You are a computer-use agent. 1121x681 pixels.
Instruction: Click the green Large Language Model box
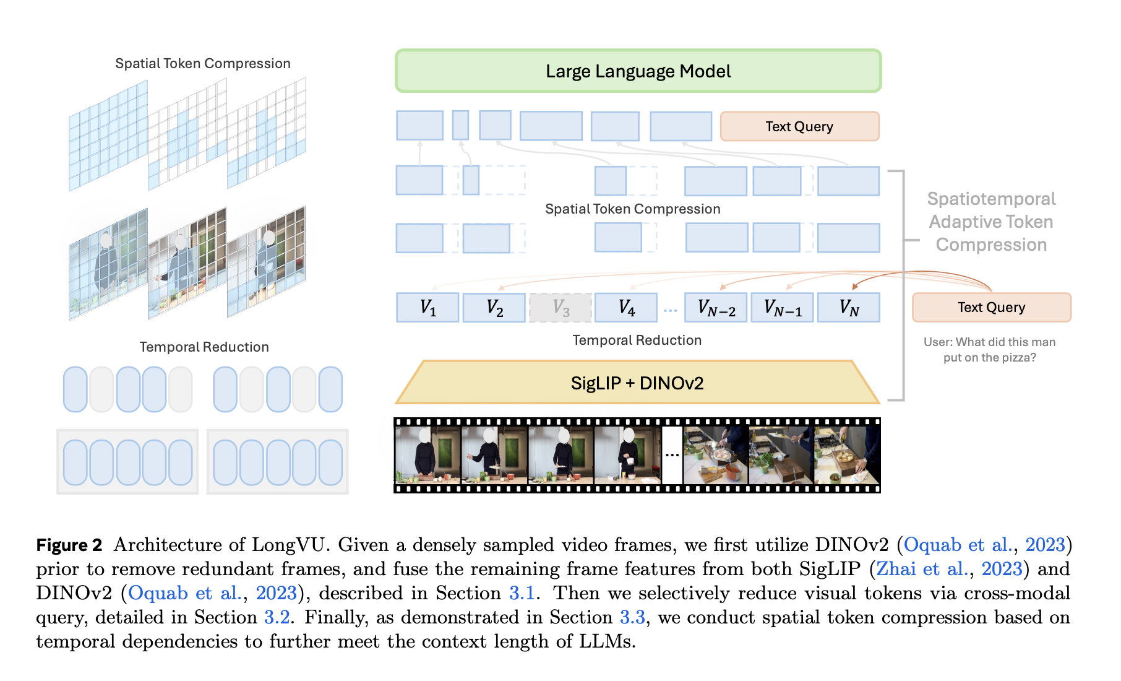point(638,71)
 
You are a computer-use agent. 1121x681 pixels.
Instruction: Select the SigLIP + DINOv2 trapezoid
point(637,383)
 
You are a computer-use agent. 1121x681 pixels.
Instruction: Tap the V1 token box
point(427,308)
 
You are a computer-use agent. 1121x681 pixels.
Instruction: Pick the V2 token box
point(494,308)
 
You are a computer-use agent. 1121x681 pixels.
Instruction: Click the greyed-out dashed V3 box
point(560,308)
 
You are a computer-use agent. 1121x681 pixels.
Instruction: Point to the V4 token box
point(626,308)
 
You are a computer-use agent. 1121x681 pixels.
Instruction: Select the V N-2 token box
point(716,308)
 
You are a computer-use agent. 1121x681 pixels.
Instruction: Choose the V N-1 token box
point(783,308)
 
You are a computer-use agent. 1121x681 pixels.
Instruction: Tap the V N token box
point(849,308)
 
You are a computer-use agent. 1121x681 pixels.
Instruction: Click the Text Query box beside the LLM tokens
point(800,126)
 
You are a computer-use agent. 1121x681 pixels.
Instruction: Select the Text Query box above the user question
point(992,307)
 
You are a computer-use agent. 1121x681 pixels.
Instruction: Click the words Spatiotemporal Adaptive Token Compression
point(991,222)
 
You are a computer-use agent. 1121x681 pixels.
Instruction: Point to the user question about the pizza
point(990,350)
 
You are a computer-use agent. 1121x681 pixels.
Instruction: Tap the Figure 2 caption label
point(69,545)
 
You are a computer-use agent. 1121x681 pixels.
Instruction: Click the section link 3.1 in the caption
point(522,593)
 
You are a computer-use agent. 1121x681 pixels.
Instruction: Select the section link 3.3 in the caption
point(633,617)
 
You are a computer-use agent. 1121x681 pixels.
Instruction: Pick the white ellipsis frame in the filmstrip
point(672,455)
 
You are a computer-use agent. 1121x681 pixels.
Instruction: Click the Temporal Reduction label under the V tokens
point(637,340)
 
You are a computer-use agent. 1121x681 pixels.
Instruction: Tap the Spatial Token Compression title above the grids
point(203,64)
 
